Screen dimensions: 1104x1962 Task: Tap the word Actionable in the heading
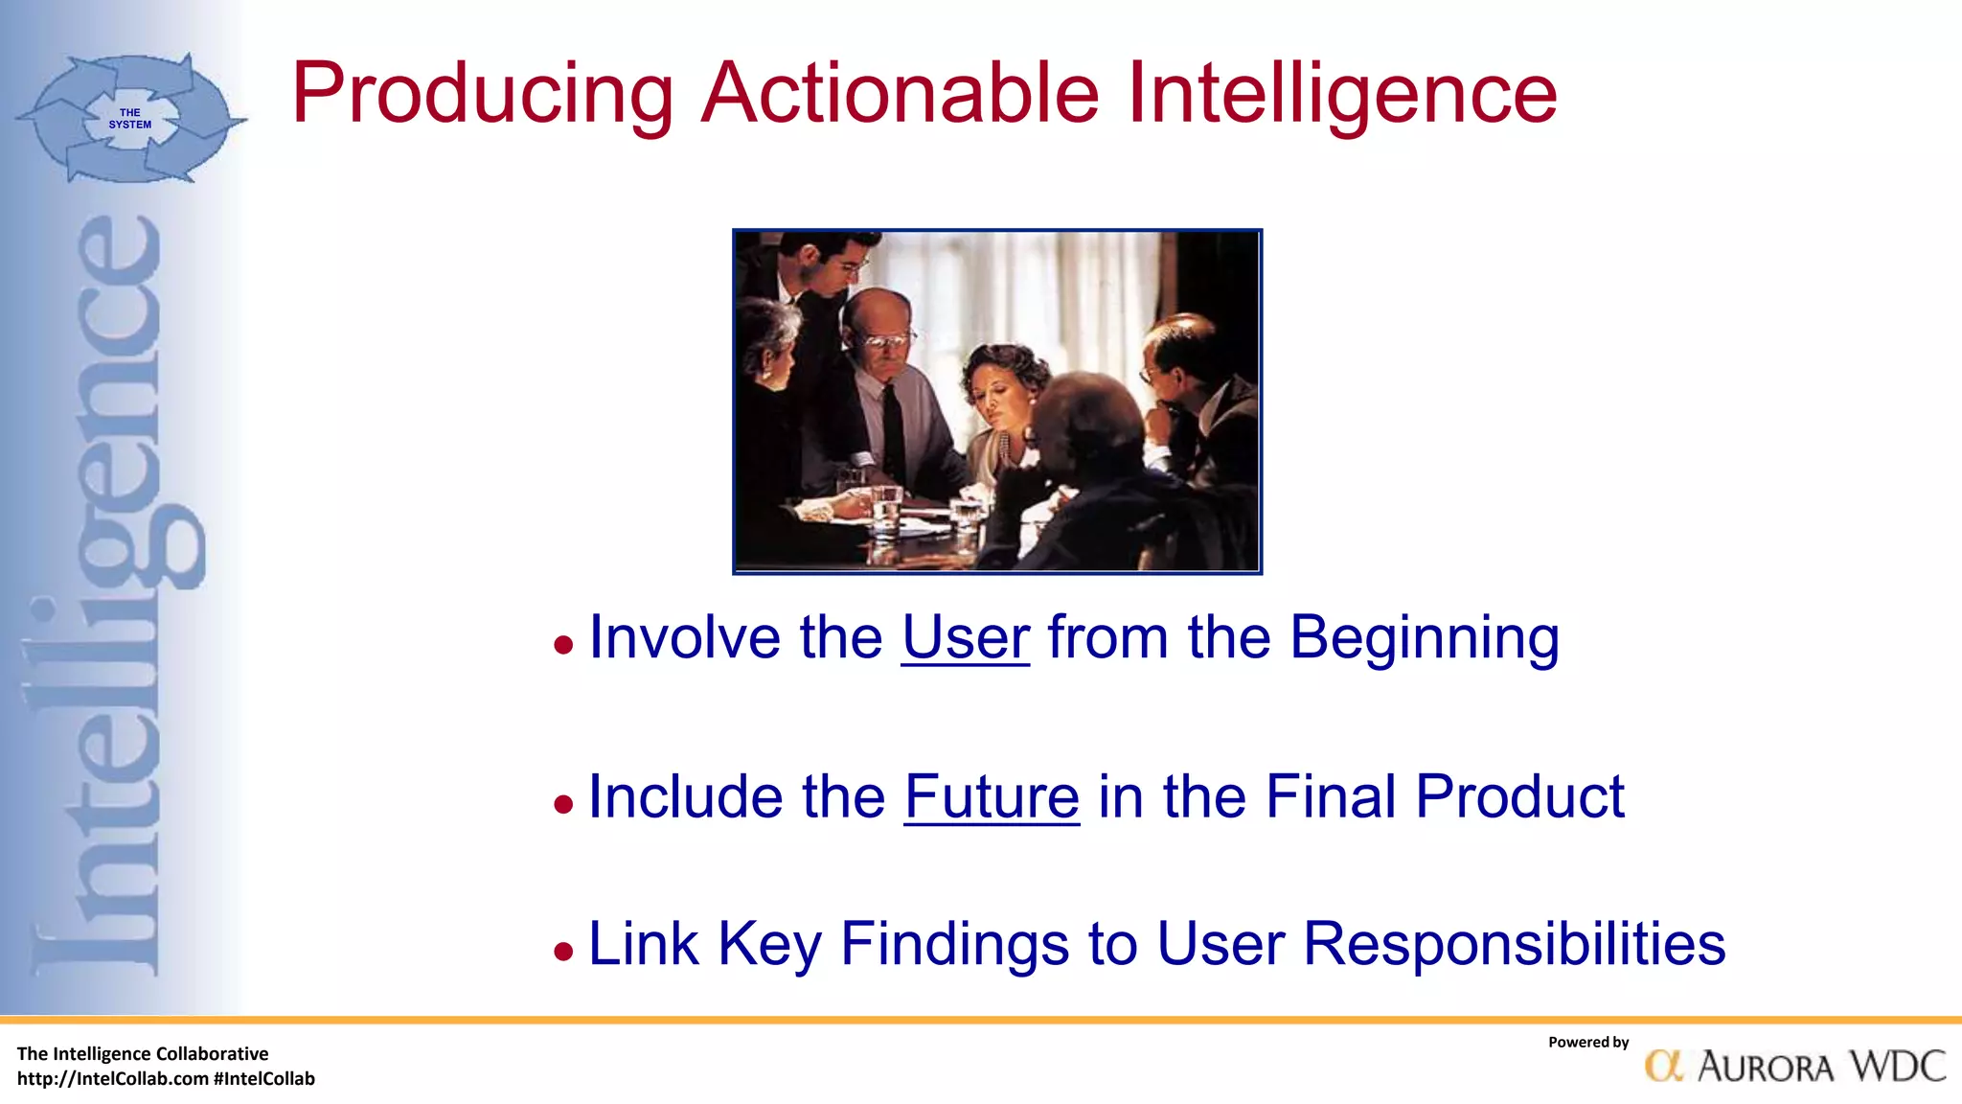(901, 94)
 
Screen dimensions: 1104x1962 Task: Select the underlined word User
(965, 637)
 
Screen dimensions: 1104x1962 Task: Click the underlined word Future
(992, 796)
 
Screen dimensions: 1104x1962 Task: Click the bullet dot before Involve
(563, 645)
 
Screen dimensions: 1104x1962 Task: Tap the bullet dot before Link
(563, 952)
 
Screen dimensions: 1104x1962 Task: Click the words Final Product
(1444, 796)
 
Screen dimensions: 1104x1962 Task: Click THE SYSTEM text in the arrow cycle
(129, 119)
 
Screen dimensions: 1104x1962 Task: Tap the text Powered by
(1587, 1043)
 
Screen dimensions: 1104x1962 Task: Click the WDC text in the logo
(1897, 1066)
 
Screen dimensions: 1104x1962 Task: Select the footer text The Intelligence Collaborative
(143, 1054)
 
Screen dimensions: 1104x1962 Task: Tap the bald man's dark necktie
(893, 431)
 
